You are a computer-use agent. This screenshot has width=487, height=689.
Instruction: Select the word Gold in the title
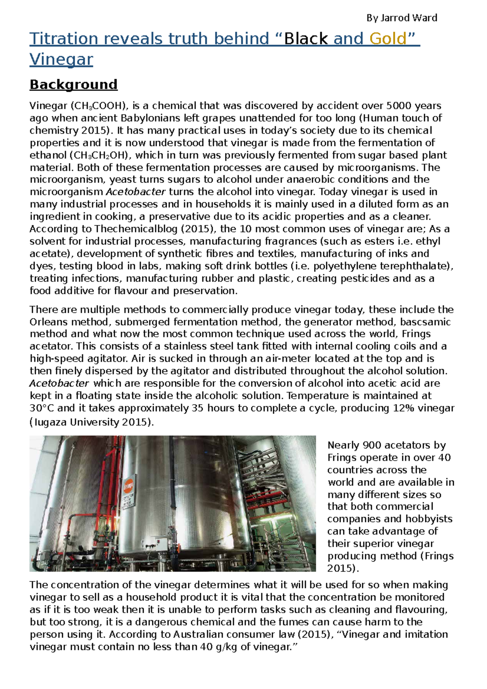pos(388,39)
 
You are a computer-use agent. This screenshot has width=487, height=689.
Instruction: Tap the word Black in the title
pos(306,39)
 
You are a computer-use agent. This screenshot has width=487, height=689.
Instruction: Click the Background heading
pos(73,84)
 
